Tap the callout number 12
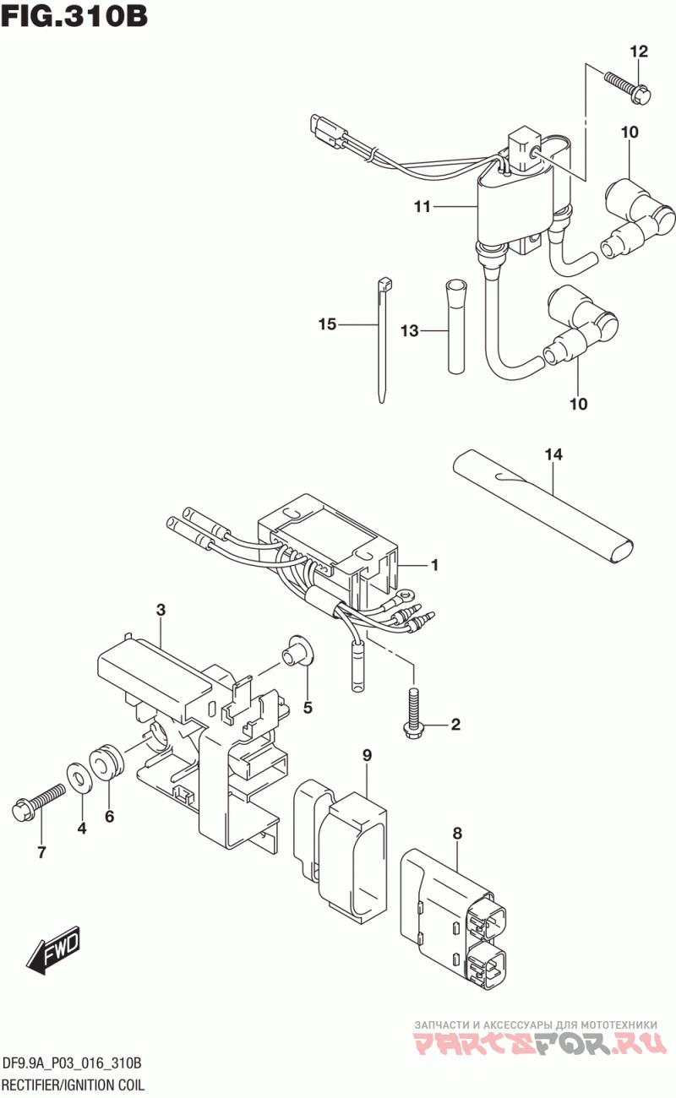coord(639,52)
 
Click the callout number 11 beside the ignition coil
coord(422,207)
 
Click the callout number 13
coord(410,331)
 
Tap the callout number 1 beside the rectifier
coord(434,565)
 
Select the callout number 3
coord(161,611)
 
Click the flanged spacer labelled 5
coord(297,651)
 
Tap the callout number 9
coord(368,756)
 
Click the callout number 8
coord(457,834)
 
